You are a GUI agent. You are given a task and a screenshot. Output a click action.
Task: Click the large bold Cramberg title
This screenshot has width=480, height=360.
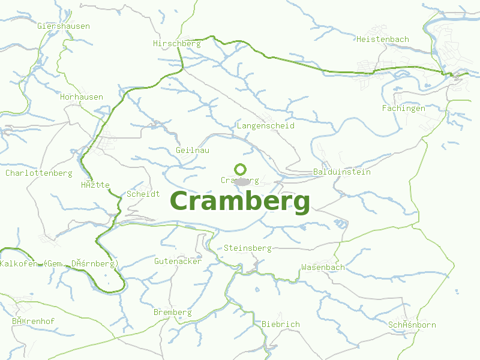(x=240, y=202)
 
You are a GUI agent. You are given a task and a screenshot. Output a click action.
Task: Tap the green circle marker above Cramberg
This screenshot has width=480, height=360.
(x=240, y=169)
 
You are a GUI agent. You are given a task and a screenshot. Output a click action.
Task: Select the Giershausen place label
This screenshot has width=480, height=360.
(x=64, y=26)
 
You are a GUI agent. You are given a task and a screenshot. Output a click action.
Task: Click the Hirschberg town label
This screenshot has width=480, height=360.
(x=176, y=43)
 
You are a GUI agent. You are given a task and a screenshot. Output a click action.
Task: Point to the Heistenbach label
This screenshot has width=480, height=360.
(x=383, y=39)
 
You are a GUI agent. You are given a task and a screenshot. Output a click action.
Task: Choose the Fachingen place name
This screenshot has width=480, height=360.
(x=403, y=108)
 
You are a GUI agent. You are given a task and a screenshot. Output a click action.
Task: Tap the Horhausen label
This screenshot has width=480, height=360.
(x=82, y=97)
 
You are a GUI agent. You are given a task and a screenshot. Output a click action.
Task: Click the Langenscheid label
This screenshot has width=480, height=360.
(x=265, y=126)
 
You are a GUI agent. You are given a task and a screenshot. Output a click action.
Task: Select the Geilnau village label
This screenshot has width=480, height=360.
(x=193, y=150)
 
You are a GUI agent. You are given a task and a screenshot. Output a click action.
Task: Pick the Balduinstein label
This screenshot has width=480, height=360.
(x=342, y=172)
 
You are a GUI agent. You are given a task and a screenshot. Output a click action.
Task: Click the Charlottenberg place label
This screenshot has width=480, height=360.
(x=38, y=173)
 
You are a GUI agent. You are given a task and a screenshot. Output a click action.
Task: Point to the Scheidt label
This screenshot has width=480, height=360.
(x=143, y=194)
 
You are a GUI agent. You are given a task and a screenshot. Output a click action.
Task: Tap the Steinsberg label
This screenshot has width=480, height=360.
(x=247, y=248)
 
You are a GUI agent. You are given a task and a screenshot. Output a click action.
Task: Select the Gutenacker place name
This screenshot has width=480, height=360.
(x=178, y=261)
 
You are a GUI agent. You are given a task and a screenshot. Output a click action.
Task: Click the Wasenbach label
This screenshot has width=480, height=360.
(x=323, y=267)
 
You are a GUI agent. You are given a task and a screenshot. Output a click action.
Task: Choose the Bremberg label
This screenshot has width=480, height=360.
(x=173, y=312)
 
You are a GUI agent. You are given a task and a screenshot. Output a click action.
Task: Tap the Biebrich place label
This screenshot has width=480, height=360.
(x=280, y=324)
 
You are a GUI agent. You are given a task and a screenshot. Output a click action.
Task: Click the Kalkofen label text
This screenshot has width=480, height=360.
(x=20, y=264)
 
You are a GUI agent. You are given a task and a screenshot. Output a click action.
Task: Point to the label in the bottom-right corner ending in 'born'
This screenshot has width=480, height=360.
(x=412, y=325)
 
